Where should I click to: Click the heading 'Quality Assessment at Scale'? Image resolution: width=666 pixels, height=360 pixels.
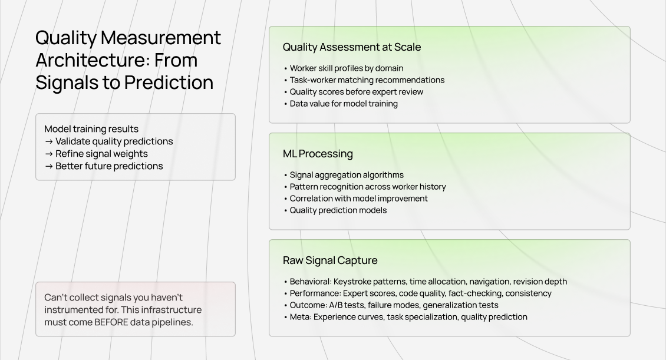pos(352,47)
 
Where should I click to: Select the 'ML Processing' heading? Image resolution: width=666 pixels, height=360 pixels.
pos(318,154)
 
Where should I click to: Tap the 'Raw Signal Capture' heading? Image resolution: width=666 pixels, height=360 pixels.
pos(330,260)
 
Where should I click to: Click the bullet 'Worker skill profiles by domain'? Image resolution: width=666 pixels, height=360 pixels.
pos(347,68)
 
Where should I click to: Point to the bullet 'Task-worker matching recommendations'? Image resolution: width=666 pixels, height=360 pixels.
pos(367,80)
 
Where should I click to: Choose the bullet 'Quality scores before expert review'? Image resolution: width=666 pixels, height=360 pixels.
pos(356,92)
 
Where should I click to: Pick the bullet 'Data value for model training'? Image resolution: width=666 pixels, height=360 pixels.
pos(344,104)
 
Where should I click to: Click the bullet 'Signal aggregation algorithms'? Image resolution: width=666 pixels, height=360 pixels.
pos(347,175)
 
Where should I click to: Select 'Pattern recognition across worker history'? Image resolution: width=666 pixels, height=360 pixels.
pos(368,187)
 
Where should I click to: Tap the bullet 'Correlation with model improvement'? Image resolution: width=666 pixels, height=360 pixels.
pos(358,199)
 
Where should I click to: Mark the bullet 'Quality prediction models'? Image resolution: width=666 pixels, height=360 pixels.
pos(338,210)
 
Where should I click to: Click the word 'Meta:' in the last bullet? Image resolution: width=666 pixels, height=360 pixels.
pos(301,317)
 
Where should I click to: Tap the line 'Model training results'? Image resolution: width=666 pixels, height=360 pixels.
pos(91,129)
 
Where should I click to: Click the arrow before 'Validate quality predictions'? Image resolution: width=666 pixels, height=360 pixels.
pos(49,141)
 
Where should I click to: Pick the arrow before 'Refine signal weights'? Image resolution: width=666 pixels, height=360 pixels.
pos(49,154)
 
